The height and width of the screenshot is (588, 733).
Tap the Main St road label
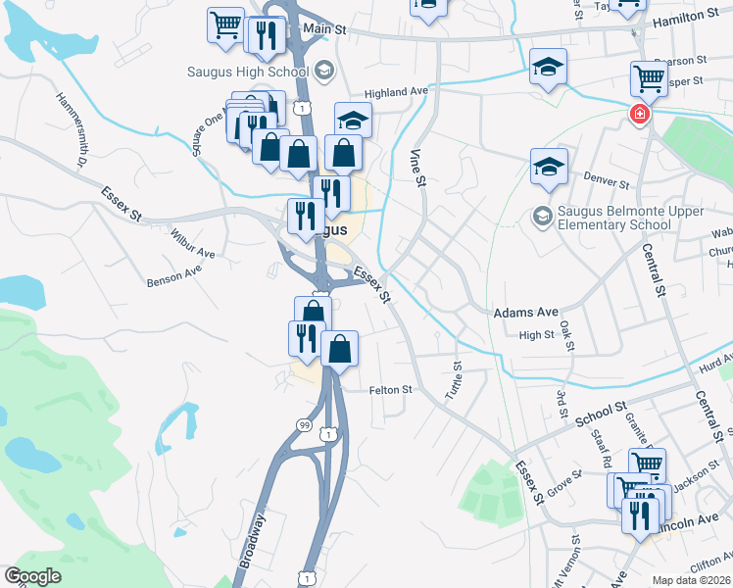[x=325, y=29]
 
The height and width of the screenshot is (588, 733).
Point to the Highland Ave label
[x=397, y=92]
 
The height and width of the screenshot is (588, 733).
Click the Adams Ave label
[x=525, y=312]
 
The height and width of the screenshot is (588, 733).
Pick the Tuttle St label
[x=456, y=378]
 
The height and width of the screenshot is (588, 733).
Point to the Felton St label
[x=391, y=390]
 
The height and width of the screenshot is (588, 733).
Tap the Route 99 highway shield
[x=306, y=423]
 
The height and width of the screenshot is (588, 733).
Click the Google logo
[x=32, y=576]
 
